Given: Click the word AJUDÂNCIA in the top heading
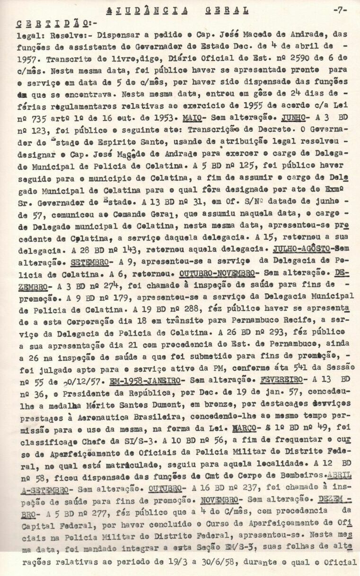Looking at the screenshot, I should point(147,10).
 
